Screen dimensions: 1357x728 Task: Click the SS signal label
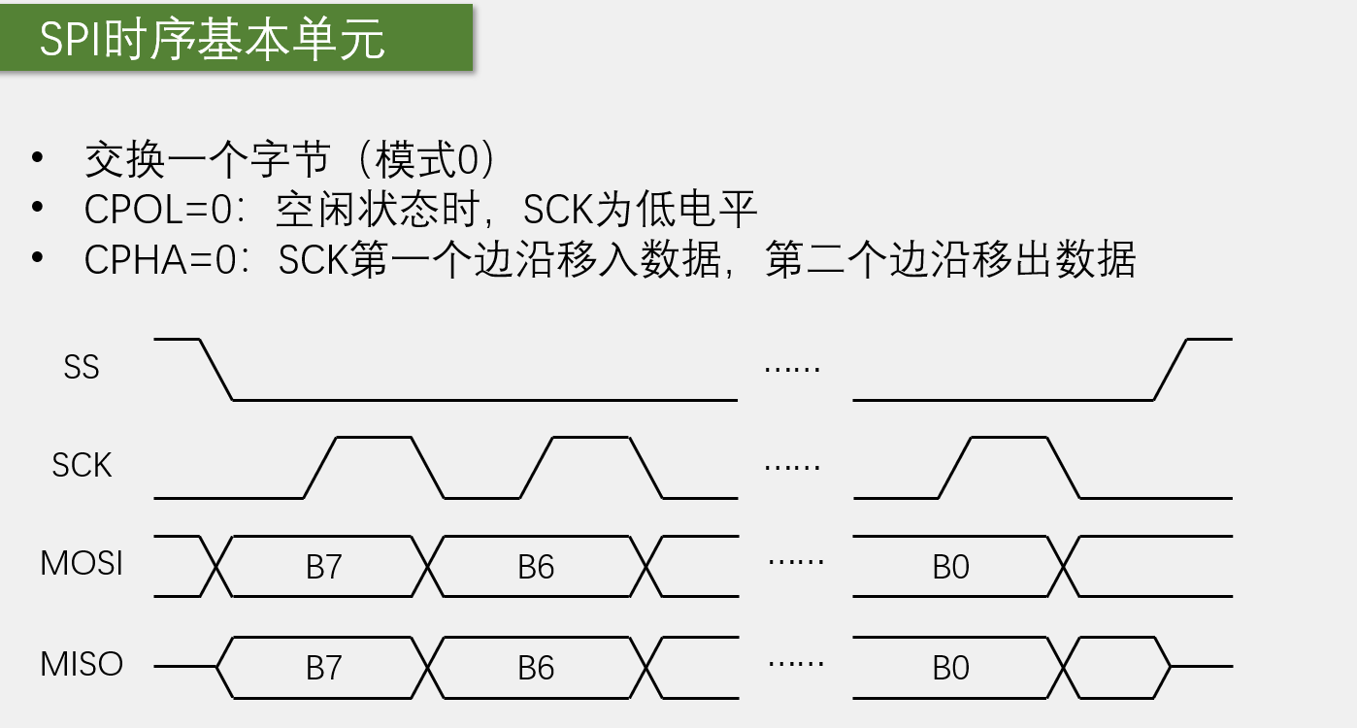point(82,368)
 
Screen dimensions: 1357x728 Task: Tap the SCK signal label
point(82,466)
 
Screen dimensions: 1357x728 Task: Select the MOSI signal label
point(82,564)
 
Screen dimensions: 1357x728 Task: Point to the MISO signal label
point(82,665)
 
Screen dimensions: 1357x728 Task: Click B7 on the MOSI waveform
point(324,567)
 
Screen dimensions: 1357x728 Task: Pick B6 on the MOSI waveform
point(536,567)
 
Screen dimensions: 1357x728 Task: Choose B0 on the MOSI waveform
point(951,567)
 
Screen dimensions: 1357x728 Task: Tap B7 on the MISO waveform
point(324,668)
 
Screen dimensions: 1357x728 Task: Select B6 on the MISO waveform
point(536,668)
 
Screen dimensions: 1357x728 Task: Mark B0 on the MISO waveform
point(951,668)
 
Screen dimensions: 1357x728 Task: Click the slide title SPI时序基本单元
point(212,40)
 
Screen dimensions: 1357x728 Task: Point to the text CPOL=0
point(159,210)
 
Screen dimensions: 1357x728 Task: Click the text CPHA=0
point(160,260)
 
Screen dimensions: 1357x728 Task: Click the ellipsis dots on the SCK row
point(793,466)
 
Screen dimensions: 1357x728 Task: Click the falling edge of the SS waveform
point(216,370)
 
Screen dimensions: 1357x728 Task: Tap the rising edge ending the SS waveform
point(1171,370)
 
